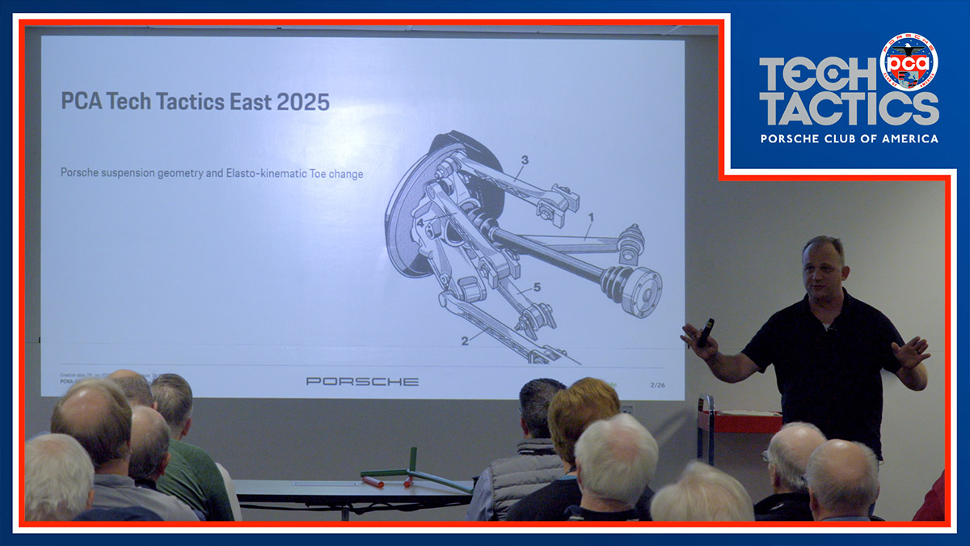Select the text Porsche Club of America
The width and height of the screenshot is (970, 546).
coord(849,138)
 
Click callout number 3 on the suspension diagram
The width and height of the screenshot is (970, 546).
coord(524,160)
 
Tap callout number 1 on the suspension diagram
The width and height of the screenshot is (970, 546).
coord(591,217)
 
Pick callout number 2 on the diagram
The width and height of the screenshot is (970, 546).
coord(465,341)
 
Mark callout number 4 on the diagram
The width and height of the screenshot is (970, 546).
coord(420,222)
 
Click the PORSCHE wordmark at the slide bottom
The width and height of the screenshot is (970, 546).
coord(362,381)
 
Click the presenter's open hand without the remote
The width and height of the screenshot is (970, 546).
coord(912,353)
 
